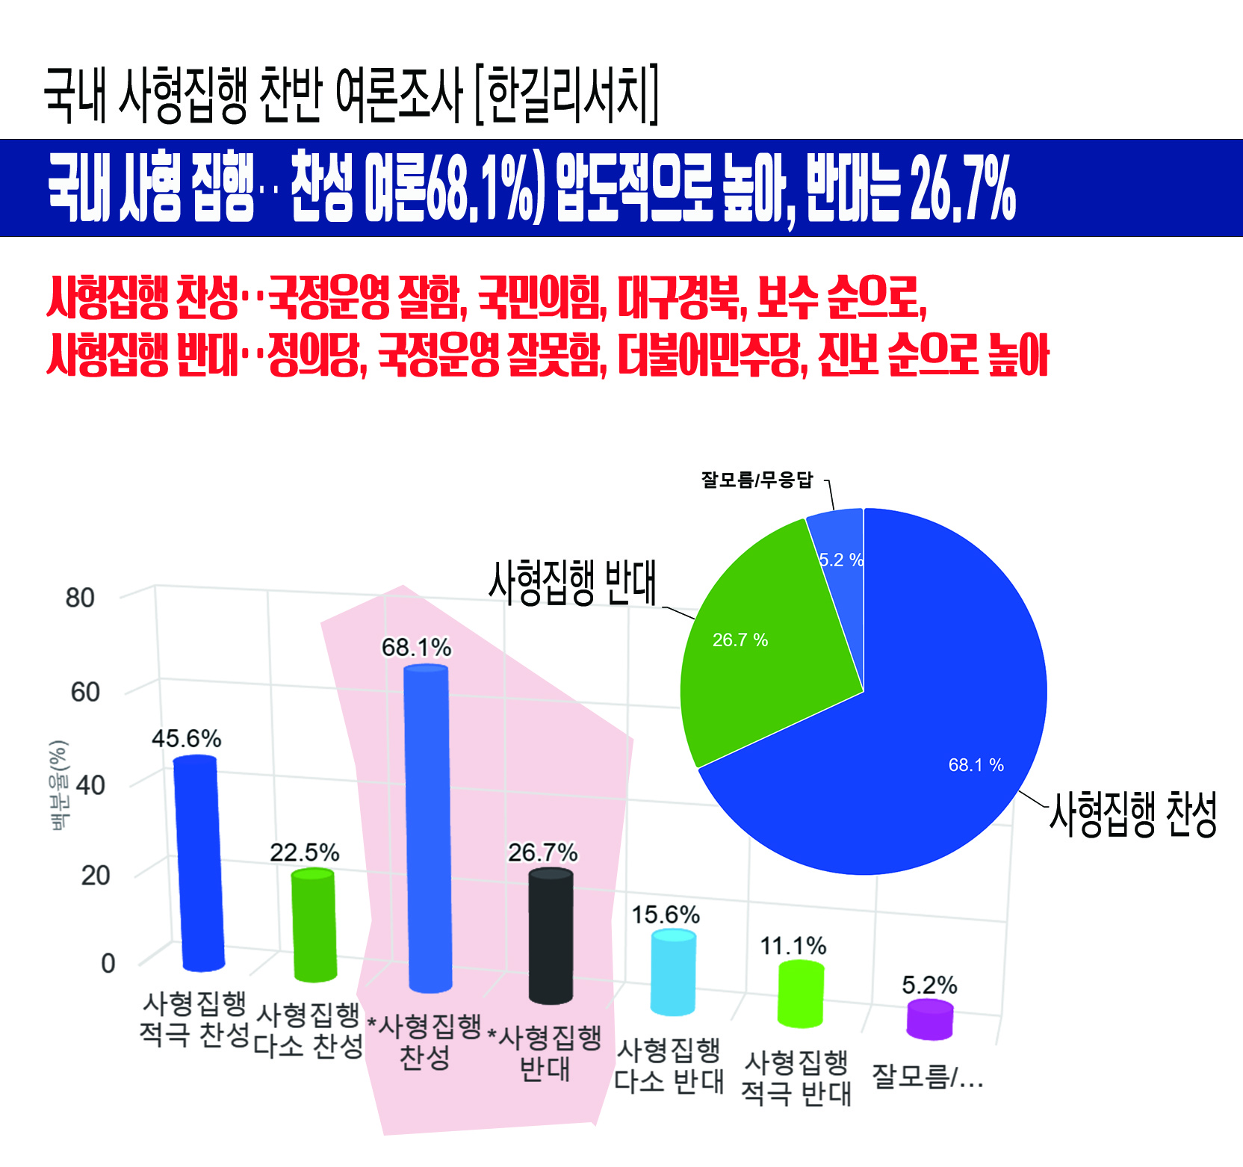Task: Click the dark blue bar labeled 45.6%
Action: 199,863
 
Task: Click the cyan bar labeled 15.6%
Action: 673,972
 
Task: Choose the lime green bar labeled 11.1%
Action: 800,994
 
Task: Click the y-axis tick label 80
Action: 80,598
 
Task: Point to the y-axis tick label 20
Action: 95,875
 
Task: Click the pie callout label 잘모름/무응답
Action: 757,480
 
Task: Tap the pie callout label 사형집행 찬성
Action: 1133,814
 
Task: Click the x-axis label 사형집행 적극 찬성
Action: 194,1019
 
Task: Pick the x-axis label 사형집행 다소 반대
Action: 669,1065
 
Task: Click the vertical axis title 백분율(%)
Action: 58,784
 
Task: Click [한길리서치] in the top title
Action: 568,95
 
